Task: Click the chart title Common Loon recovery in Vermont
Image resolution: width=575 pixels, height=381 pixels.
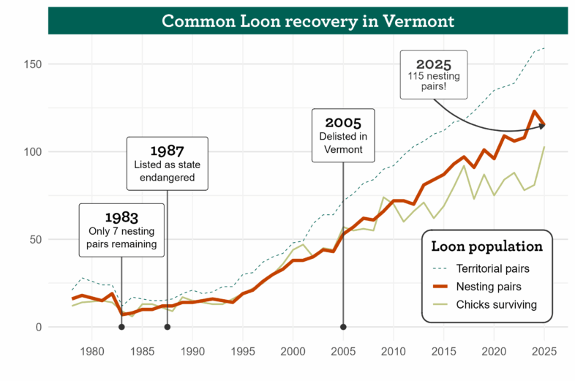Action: click(307, 20)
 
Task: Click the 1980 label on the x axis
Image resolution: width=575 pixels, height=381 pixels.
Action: click(91, 352)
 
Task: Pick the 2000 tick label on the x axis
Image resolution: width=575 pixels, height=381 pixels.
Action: click(293, 352)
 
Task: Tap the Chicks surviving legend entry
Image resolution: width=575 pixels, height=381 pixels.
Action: click(496, 304)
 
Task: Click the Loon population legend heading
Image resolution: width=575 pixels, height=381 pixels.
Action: click(486, 246)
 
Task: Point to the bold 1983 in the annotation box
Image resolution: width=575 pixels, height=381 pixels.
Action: click(121, 217)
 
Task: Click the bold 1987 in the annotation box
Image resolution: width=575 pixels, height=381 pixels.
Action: click(167, 151)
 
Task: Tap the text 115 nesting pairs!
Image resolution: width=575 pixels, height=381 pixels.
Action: click(433, 83)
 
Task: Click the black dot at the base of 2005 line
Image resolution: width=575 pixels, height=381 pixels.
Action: click(343, 327)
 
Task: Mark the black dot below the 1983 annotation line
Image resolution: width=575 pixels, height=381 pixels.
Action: click(121, 327)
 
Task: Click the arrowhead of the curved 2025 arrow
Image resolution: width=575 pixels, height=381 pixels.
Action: click(543, 126)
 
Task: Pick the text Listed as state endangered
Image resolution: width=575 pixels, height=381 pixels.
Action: click(167, 170)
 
